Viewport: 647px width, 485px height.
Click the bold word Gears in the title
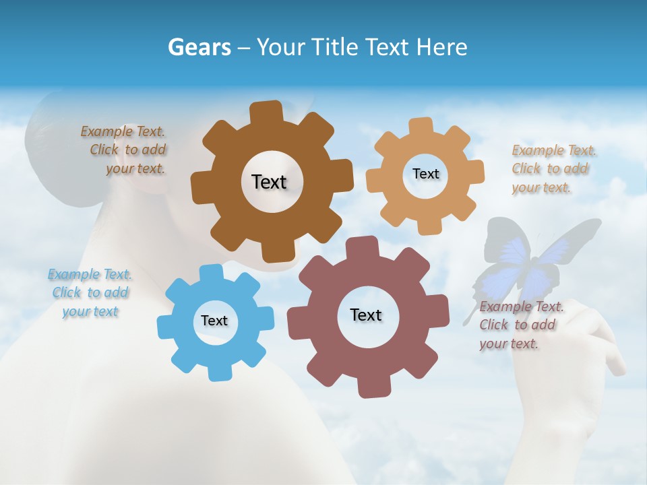point(199,47)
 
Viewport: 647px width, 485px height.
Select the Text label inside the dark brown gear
point(269,182)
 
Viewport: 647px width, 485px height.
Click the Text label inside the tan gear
point(425,174)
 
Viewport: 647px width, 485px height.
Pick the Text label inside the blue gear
point(214,321)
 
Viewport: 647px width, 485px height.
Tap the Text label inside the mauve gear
point(366,315)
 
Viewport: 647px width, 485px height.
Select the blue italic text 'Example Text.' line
point(90,274)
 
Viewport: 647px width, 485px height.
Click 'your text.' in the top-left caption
point(135,168)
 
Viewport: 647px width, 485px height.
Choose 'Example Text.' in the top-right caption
point(554,150)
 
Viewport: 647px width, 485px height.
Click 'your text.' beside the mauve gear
point(509,344)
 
